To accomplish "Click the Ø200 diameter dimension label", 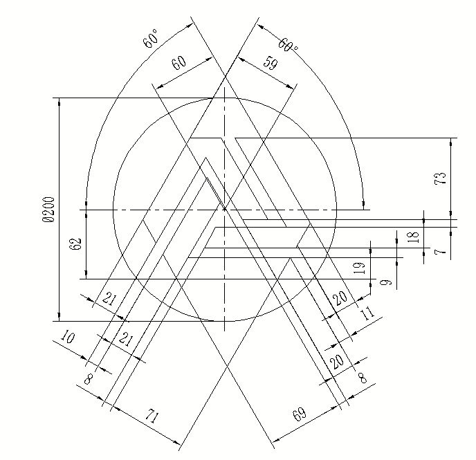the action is tap(49, 210).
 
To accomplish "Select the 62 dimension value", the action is tap(76, 243).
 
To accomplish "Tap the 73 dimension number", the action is tap(441, 178).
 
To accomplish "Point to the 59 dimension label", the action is tap(270, 64).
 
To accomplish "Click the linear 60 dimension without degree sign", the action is tap(179, 63).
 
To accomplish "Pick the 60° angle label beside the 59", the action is tap(288, 45).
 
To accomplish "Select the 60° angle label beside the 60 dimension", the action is tap(151, 39).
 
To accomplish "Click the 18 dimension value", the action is tap(414, 237).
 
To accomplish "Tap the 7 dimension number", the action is tap(441, 251).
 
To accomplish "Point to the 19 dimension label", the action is tap(359, 268).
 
